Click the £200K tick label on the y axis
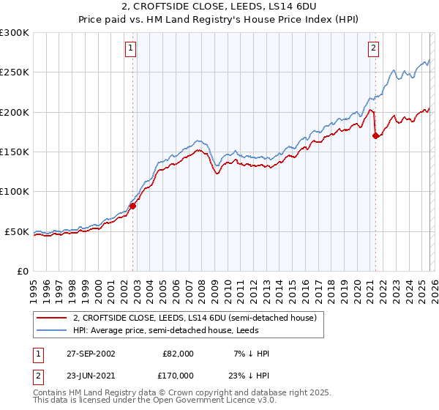pyautogui.click(x=15, y=113)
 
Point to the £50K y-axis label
pyautogui.click(x=17, y=232)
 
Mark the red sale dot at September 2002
pyautogui.click(x=133, y=206)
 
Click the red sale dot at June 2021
pyautogui.click(x=375, y=135)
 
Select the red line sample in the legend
pyautogui.click(x=52, y=318)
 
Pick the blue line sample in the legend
pyautogui.click(x=52, y=331)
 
